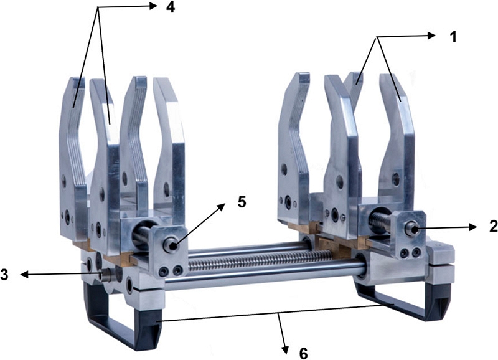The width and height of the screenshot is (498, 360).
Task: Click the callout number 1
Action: (x=453, y=37)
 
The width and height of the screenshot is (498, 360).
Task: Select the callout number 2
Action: (x=493, y=226)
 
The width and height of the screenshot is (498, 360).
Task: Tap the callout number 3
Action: (x=4, y=275)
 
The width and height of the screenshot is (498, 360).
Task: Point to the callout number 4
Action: (x=171, y=7)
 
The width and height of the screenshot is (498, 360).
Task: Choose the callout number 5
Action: (x=242, y=202)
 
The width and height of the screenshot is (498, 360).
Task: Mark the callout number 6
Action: (x=303, y=353)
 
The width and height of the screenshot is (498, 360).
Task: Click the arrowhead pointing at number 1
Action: (x=431, y=36)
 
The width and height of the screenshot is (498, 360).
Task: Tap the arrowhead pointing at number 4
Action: (x=153, y=6)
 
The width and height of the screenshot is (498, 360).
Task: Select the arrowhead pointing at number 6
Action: (x=285, y=349)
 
